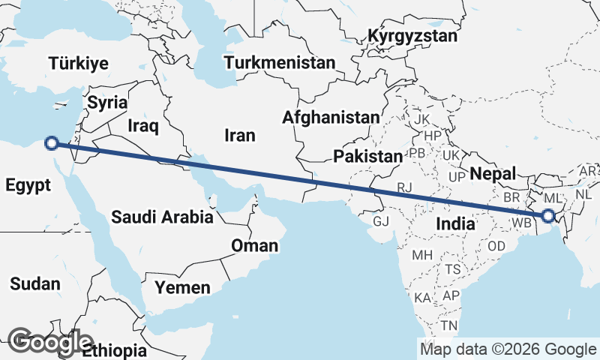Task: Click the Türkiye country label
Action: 79,64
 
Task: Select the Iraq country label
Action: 142,125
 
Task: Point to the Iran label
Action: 239,136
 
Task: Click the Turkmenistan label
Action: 280,63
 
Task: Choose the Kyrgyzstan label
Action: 412,37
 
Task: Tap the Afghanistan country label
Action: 331,118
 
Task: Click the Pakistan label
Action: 368,157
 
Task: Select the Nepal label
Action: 493,174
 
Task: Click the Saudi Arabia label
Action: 162,218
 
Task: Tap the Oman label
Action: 254,245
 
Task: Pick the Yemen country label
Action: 182,286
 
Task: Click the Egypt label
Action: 27,185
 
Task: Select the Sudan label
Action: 34,283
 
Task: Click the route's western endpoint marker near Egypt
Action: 52,142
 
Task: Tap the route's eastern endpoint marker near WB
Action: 548,216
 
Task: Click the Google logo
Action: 50,341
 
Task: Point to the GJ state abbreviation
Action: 382,221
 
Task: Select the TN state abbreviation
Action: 449,325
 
